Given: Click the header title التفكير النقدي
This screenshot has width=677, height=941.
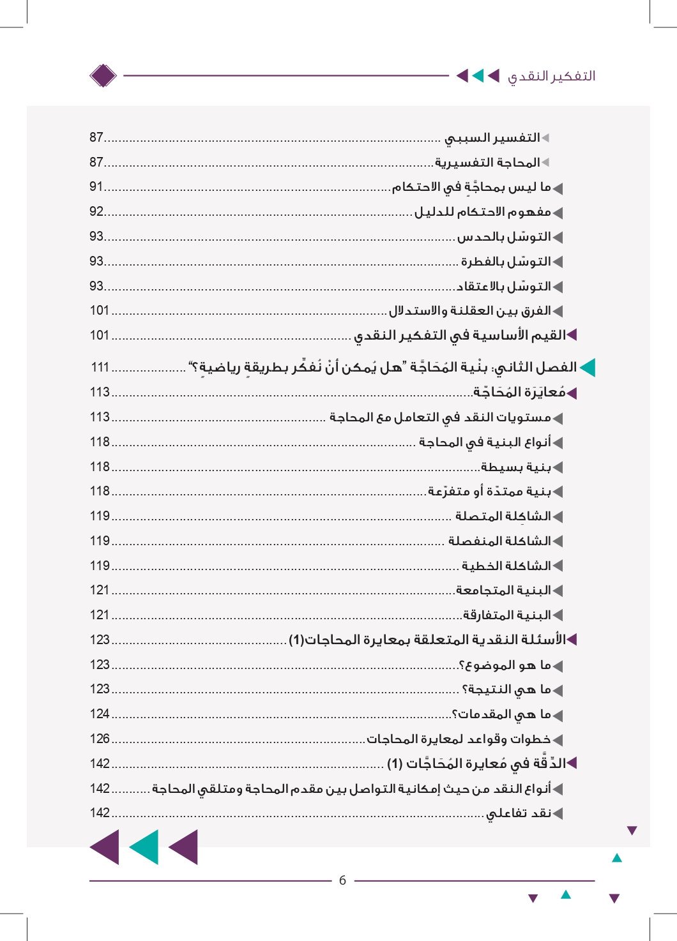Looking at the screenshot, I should point(551,76).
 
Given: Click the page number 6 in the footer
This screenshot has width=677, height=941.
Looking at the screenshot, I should point(342,880).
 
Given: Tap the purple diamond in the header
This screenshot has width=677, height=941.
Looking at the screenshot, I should point(103,76).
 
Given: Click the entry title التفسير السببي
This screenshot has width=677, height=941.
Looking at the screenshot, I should point(492,138).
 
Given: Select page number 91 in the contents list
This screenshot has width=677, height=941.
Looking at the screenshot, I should point(96,187).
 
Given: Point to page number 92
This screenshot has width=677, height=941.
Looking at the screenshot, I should point(96,212).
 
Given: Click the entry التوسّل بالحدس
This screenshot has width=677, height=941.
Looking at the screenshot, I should point(504,237).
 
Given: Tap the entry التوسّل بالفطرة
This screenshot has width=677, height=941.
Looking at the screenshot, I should point(506,262).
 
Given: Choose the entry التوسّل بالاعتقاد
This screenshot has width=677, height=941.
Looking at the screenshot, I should point(503,287).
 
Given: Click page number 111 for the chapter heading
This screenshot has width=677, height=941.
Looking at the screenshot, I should point(100,367).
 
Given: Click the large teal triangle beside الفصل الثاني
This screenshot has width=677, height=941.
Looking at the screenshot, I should point(587,368).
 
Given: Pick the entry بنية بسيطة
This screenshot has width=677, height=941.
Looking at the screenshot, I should point(516,467).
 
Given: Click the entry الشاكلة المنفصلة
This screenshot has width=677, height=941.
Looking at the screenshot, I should point(499,541).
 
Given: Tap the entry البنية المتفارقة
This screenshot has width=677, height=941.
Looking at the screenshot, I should point(506,615).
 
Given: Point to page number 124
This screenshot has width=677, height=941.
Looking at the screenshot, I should point(100,714).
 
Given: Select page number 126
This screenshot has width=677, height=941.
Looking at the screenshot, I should point(100,739).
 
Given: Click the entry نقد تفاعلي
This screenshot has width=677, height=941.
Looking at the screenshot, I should point(518,813).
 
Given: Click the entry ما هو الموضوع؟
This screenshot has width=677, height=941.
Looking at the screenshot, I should point(505,665).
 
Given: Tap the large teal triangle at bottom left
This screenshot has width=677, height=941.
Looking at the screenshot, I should point(145,847).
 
